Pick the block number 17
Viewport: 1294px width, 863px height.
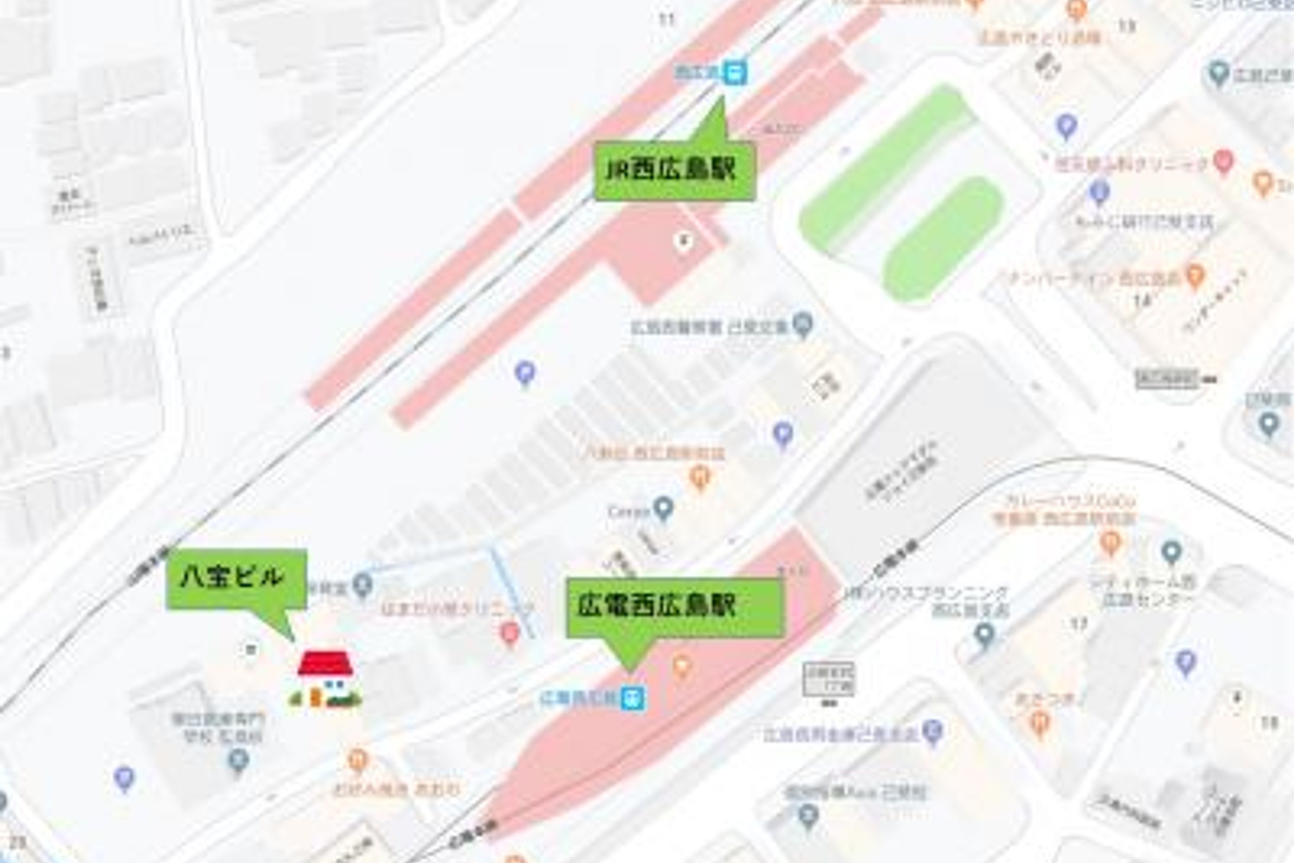(x=1079, y=624)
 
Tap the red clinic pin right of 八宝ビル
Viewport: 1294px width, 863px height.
(x=510, y=633)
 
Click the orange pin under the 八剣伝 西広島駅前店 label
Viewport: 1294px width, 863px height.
(x=700, y=477)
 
